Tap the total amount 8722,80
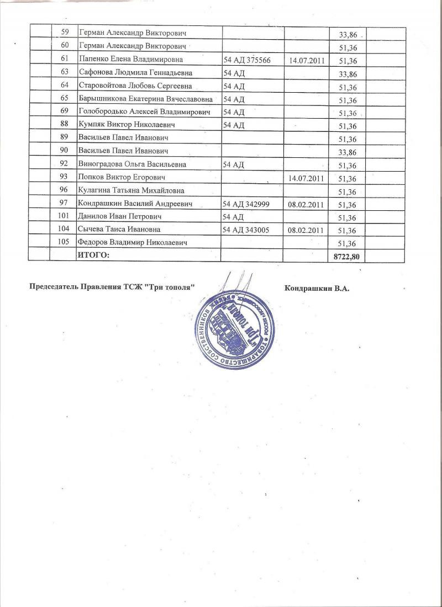tap(346, 257)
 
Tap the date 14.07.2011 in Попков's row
tap(306, 179)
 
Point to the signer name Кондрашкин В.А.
tap(317, 288)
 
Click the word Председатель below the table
tap(52, 287)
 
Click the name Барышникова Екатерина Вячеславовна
tap(145, 99)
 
